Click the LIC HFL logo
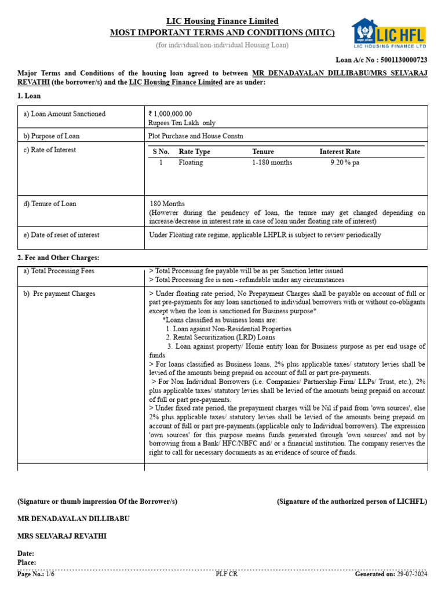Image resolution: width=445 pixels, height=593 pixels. click(x=389, y=33)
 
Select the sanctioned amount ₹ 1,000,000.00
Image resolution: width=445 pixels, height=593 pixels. click(x=170, y=114)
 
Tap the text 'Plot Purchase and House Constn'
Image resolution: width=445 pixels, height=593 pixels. click(x=196, y=136)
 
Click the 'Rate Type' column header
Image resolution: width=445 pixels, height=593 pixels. click(x=194, y=152)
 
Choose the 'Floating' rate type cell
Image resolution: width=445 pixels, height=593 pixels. click(x=191, y=163)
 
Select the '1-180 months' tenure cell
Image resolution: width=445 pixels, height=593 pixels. click(x=272, y=163)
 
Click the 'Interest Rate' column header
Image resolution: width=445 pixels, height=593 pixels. click(x=340, y=152)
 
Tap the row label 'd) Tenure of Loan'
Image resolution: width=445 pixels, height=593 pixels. click(x=50, y=204)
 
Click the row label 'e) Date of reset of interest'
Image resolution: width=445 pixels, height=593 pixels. click(x=61, y=235)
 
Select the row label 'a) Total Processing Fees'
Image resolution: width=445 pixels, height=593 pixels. click(x=59, y=271)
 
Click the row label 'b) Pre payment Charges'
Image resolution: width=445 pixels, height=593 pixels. click(x=59, y=294)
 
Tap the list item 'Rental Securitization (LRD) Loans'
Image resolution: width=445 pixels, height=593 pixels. click(x=220, y=337)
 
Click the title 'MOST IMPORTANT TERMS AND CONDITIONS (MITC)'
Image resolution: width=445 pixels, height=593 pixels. click(x=222, y=32)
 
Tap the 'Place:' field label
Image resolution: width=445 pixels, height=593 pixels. click(x=27, y=562)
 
